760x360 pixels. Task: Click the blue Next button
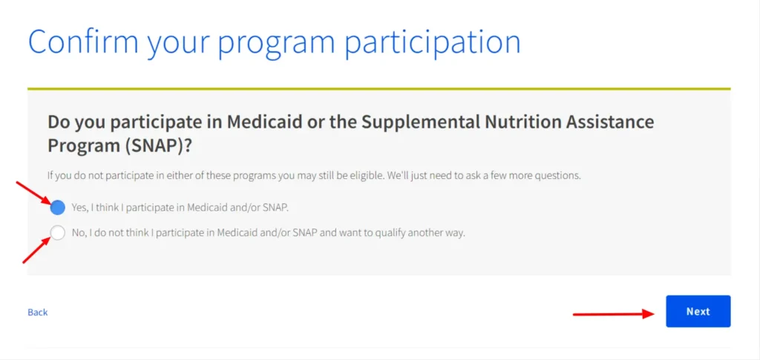click(698, 312)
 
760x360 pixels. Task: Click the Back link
click(38, 312)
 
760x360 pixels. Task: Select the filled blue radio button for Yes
click(58, 207)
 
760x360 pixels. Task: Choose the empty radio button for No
click(58, 233)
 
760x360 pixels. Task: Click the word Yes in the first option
click(78, 207)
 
